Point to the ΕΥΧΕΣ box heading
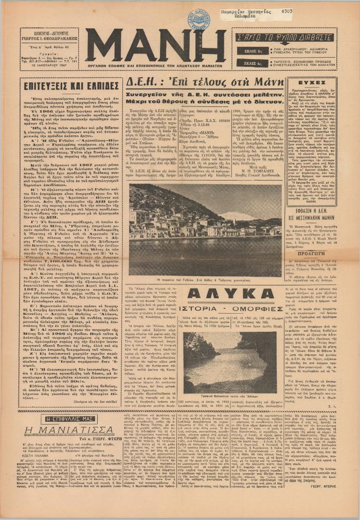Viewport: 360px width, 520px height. (312, 82)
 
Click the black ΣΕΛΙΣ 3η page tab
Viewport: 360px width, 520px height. (252, 50)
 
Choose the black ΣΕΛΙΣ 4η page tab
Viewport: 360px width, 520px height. (252, 63)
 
